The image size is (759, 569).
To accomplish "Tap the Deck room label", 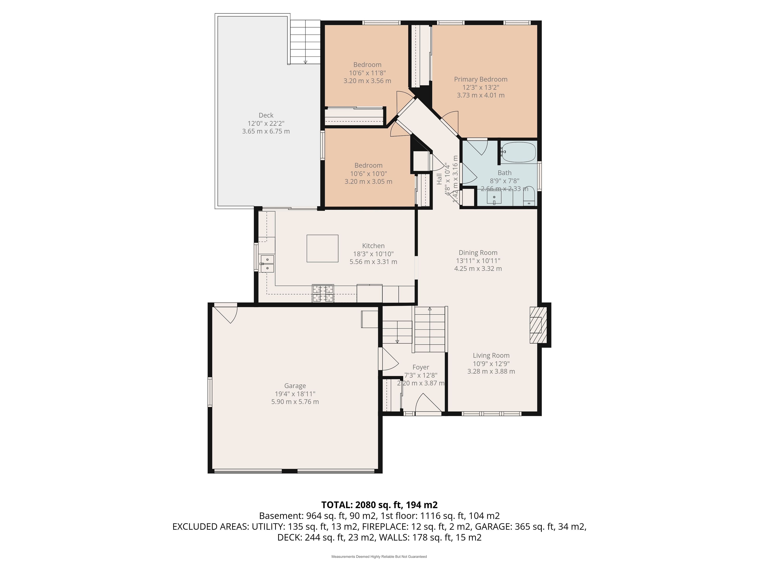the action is point(266,115).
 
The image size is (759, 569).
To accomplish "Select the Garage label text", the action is point(295,386).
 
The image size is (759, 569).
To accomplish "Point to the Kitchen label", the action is point(373,246).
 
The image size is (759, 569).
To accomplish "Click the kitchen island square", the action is point(322,248).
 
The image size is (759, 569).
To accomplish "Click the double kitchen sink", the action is point(267,263).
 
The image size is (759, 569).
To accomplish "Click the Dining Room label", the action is point(478,253).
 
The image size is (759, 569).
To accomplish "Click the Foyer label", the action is point(421,367).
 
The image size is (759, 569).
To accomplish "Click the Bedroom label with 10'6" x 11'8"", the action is point(367,65).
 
